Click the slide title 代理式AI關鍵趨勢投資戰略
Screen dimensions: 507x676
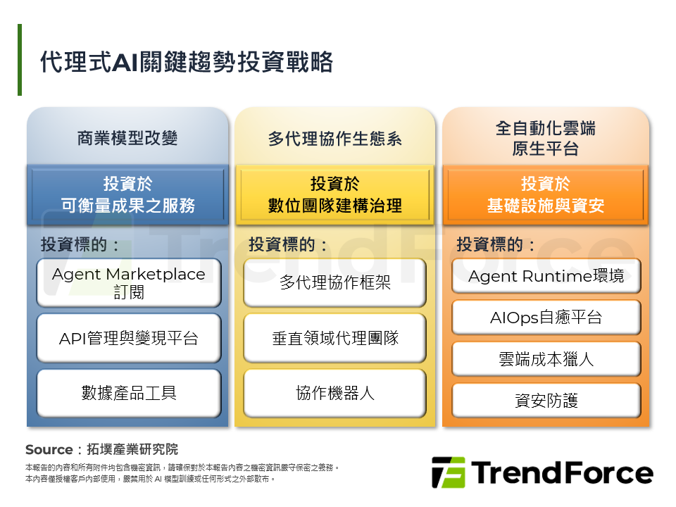pos(187,62)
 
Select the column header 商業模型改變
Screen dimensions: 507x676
pos(127,138)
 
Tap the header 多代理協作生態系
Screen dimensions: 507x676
pos(334,138)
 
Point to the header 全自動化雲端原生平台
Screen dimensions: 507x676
pos(545,138)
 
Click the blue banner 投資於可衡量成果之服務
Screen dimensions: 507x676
pos(127,195)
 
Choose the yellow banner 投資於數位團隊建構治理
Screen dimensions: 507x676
pos(334,195)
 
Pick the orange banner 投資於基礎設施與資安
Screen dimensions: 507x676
pos(545,195)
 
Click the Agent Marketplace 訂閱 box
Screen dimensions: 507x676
pos(128,282)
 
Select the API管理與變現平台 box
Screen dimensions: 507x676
pos(128,338)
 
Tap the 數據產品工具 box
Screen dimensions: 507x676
pos(128,393)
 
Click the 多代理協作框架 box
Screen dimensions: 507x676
pos(334,282)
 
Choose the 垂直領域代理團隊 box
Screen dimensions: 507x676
pos(334,338)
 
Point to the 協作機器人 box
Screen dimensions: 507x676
pos(334,393)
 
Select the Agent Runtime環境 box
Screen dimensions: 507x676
pos(546,276)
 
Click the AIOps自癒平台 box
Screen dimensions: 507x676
pos(546,318)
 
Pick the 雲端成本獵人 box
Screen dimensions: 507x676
pos(546,359)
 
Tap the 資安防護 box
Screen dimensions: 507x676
pos(546,401)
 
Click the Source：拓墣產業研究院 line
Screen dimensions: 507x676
pos(101,449)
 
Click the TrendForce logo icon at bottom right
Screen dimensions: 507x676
pos(448,472)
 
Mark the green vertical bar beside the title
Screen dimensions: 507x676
pos(20,60)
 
